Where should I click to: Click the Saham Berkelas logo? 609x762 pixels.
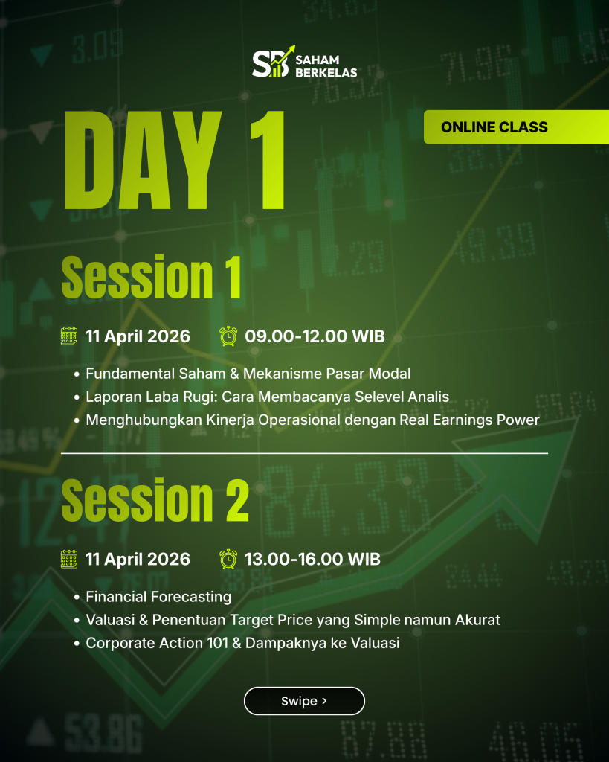pos(305,62)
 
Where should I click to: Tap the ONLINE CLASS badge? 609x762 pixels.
pos(516,127)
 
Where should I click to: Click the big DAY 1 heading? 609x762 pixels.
pos(174,161)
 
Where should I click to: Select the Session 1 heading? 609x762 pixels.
pos(151,277)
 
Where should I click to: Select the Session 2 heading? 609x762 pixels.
pos(155,499)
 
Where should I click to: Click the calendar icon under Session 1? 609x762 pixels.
pos(69,336)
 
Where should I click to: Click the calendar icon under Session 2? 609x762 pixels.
pos(69,560)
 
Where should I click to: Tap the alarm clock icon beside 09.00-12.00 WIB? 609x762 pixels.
pos(228,336)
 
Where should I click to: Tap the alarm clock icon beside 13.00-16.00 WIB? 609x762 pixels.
pos(228,560)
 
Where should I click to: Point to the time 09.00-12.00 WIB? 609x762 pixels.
pos(315,336)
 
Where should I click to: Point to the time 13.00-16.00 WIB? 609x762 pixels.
pos(312,560)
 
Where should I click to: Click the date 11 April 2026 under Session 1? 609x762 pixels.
pos(138,336)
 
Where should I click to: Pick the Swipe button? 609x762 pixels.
pos(304,701)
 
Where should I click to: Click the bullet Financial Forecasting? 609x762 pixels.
pos(158,597)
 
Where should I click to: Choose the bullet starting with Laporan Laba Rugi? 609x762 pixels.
pos(267,397)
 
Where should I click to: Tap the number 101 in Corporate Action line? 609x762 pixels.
pos(218,643)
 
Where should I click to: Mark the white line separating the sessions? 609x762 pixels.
pos(304,453)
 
